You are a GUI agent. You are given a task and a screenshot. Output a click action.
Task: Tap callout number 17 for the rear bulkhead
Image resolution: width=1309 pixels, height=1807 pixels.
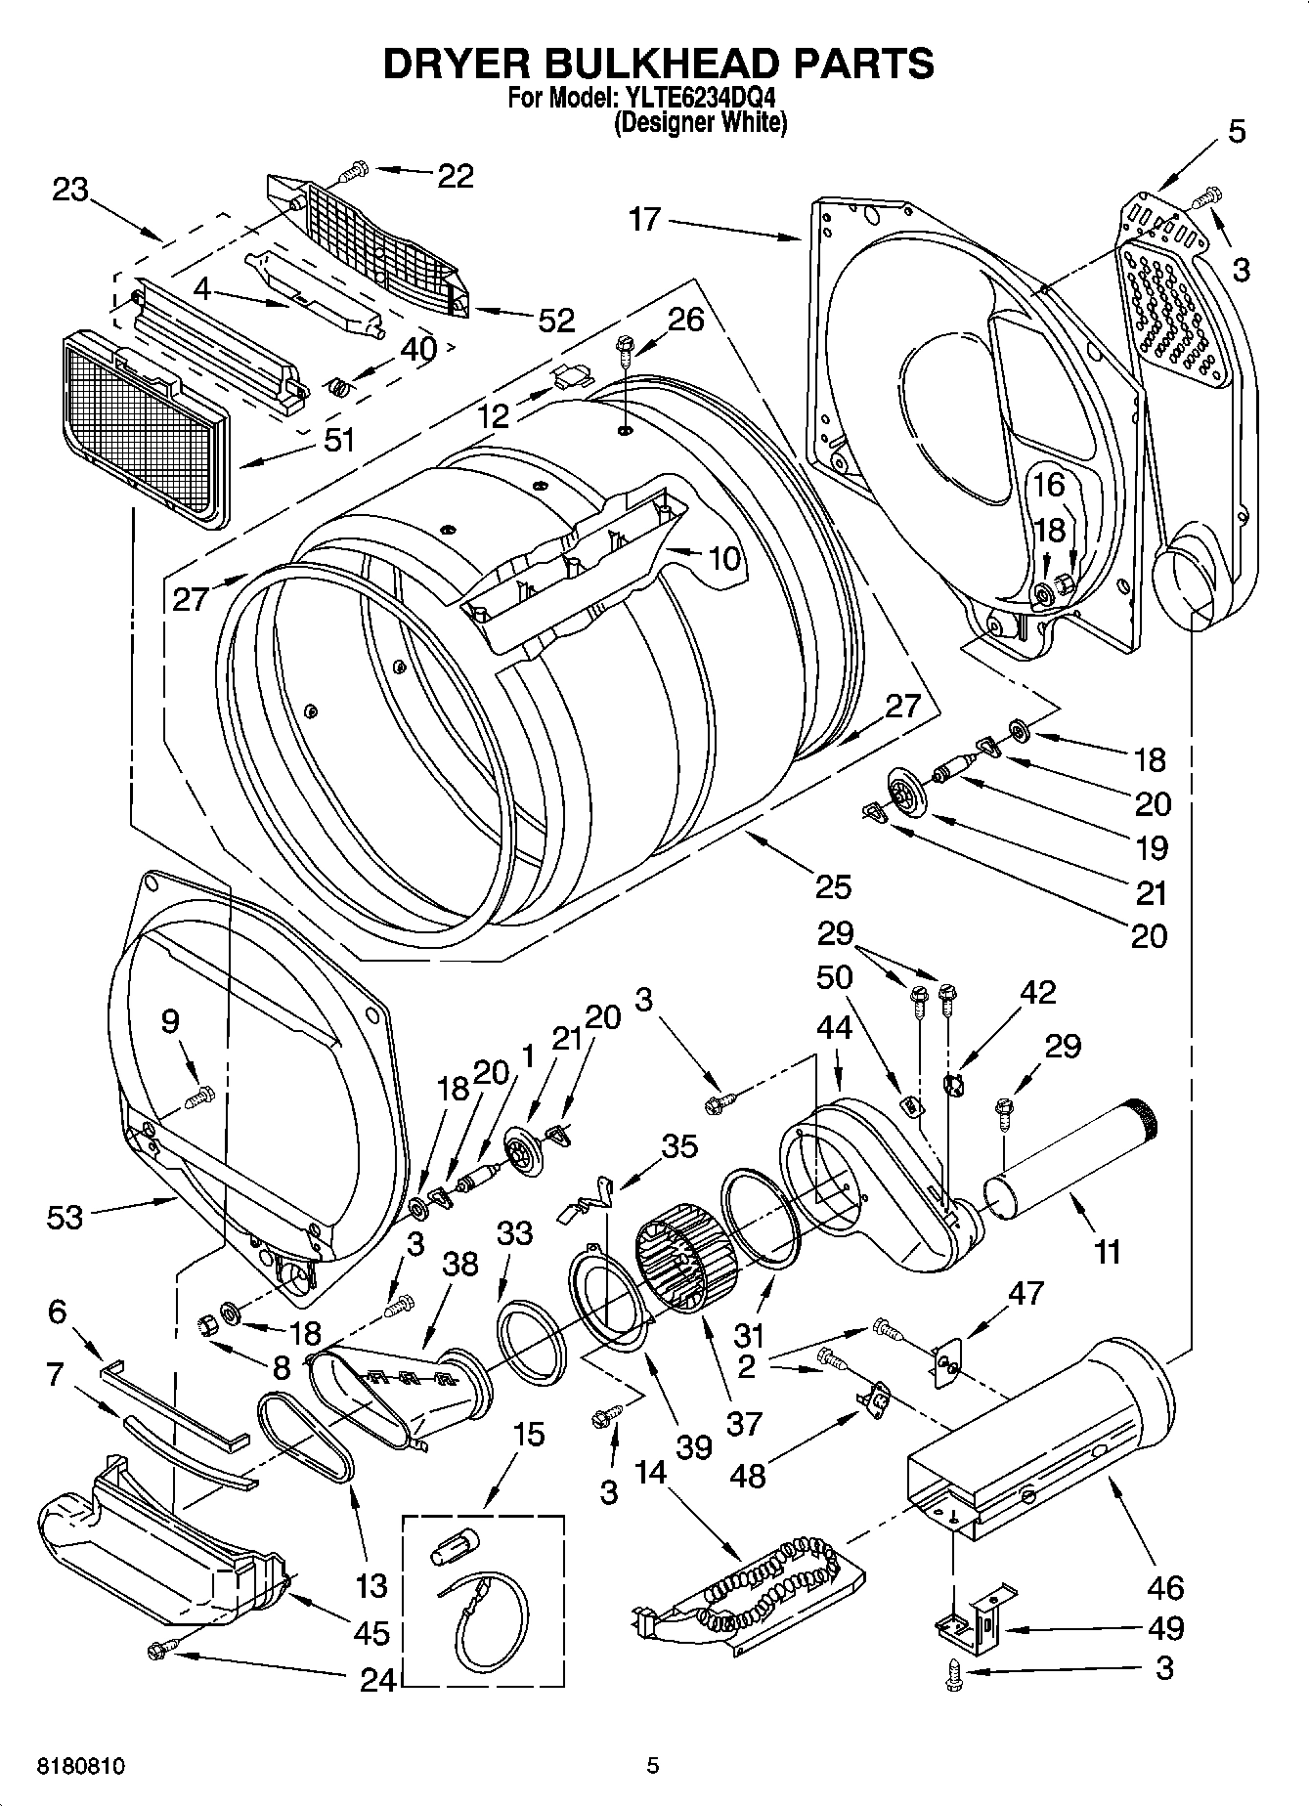(645, 220)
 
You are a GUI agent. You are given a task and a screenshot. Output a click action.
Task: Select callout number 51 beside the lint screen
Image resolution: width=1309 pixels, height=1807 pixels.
(338, 440)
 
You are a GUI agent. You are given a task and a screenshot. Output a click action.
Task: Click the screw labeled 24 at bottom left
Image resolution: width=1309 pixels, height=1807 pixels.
(157, 1650)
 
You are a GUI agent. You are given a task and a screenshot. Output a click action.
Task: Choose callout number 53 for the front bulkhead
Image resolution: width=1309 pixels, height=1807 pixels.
(65, 1217)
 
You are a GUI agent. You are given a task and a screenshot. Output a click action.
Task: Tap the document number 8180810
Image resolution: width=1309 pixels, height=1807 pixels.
(81, 1765)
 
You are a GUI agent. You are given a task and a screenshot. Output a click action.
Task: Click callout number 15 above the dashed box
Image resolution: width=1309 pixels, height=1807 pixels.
(528, 1436)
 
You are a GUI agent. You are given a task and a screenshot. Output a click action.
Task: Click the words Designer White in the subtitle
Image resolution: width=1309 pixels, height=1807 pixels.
(700, 123)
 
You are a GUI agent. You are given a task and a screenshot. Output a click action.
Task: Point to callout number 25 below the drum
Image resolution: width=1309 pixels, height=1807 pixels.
(833, 886)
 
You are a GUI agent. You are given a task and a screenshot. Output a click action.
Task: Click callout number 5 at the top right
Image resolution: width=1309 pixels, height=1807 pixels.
(1237, 131)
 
